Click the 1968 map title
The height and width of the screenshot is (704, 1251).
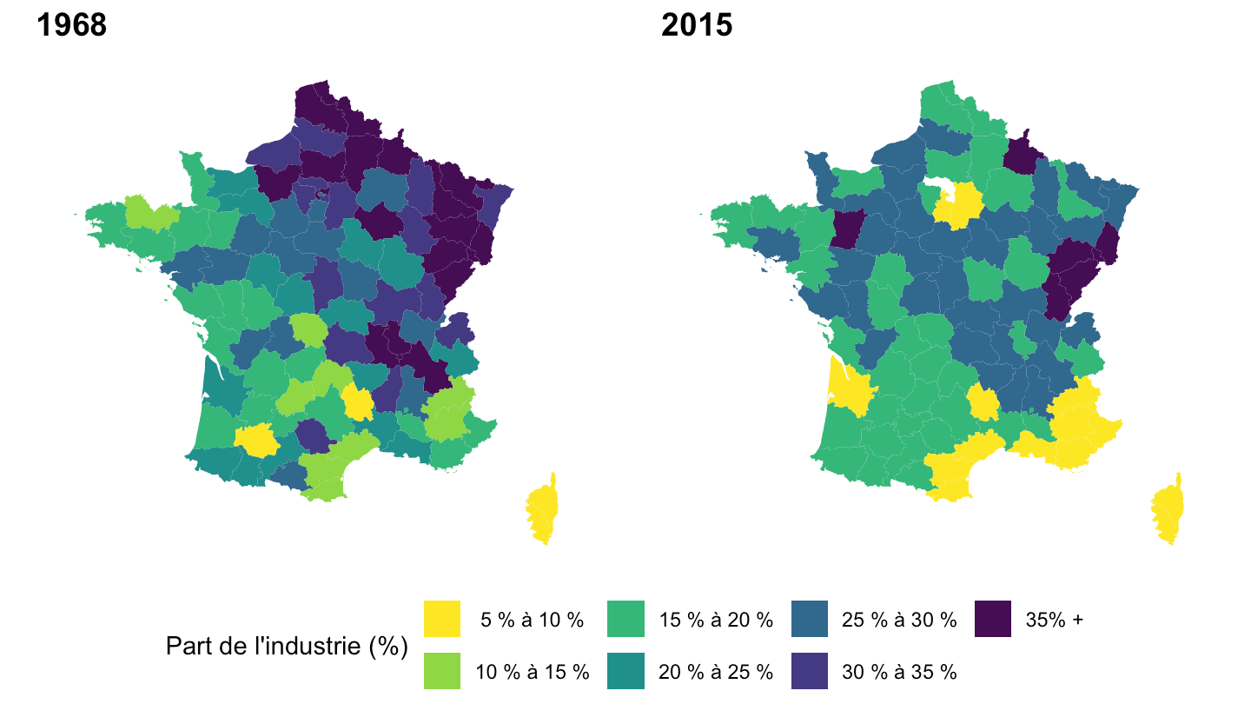71,26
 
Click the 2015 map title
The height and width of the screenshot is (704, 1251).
697,26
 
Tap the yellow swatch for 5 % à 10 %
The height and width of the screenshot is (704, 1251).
442,619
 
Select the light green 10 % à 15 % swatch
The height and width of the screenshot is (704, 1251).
442,671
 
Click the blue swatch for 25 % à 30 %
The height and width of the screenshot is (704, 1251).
810,619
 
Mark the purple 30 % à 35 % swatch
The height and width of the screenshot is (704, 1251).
810,671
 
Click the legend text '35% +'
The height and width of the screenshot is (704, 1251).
1055,620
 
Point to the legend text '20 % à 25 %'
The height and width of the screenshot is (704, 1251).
715,672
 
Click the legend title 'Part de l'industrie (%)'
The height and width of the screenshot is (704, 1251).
287,646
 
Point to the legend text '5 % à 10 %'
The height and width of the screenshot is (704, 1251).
533,620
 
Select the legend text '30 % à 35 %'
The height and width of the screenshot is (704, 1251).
899,672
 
